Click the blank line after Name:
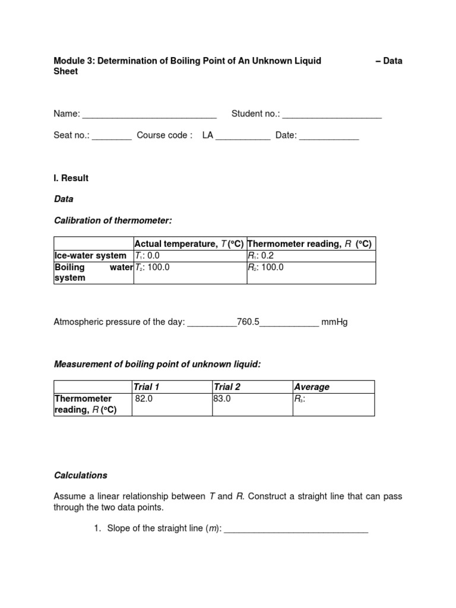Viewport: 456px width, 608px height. click(149, 114)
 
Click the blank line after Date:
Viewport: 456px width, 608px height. click(329, 135)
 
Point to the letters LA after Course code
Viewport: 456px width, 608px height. click(207, 135)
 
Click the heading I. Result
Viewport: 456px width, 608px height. click(71, 178)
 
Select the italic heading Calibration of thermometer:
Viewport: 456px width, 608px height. click(113, 221)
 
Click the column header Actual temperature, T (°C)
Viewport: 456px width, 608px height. click(189, 244)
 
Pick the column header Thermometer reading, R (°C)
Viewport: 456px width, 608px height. click(309, 244)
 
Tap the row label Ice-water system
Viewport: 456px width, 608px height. click(90, 256)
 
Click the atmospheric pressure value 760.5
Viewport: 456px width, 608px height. click(248, 322)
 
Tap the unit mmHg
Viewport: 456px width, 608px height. click(334, 322)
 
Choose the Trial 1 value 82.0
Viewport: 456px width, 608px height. click(144, 399)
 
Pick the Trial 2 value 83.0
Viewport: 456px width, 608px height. click(222, 399)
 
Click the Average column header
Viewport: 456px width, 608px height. click(312, 387)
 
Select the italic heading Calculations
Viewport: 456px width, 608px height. click(81, 476)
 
